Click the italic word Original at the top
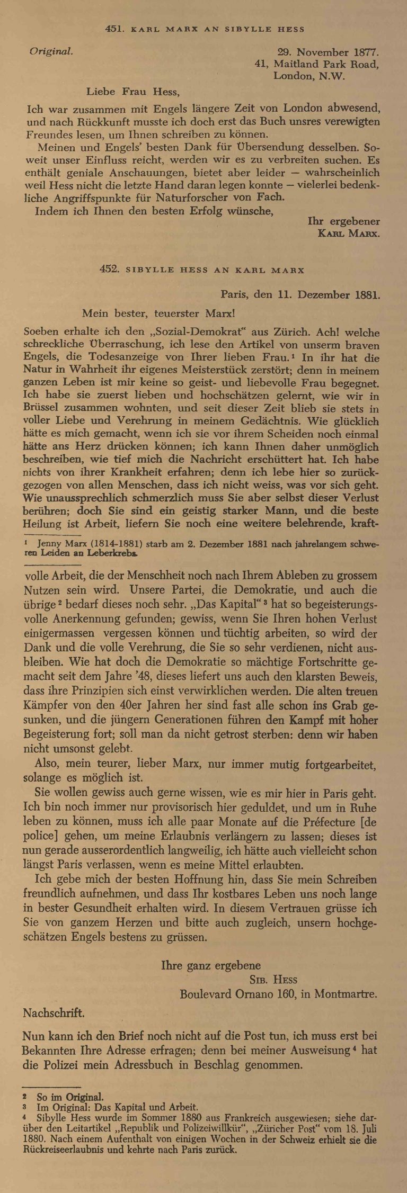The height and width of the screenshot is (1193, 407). coord(51,52)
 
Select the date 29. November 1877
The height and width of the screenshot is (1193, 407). coord(327,52)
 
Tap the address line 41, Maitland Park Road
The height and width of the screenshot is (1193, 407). coord(316,64)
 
